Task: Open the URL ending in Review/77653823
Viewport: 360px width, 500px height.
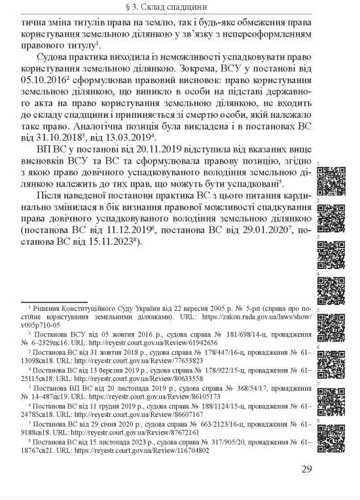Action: [143, 360]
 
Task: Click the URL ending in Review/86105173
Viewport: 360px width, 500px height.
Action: [143, 397]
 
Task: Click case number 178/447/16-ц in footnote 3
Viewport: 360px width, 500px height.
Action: [220, 351]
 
